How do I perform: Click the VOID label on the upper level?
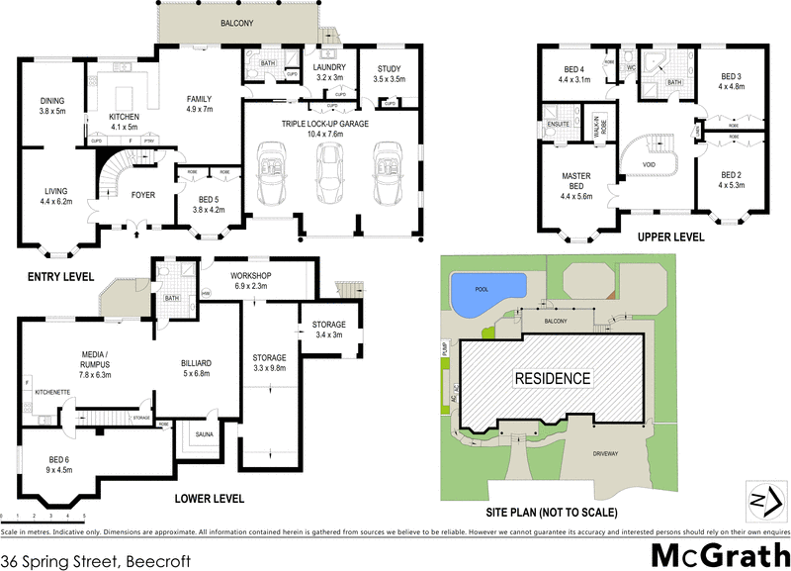650,164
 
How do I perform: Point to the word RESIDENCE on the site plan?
551,378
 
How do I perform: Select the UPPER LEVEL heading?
671,238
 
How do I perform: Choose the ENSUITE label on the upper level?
560,123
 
